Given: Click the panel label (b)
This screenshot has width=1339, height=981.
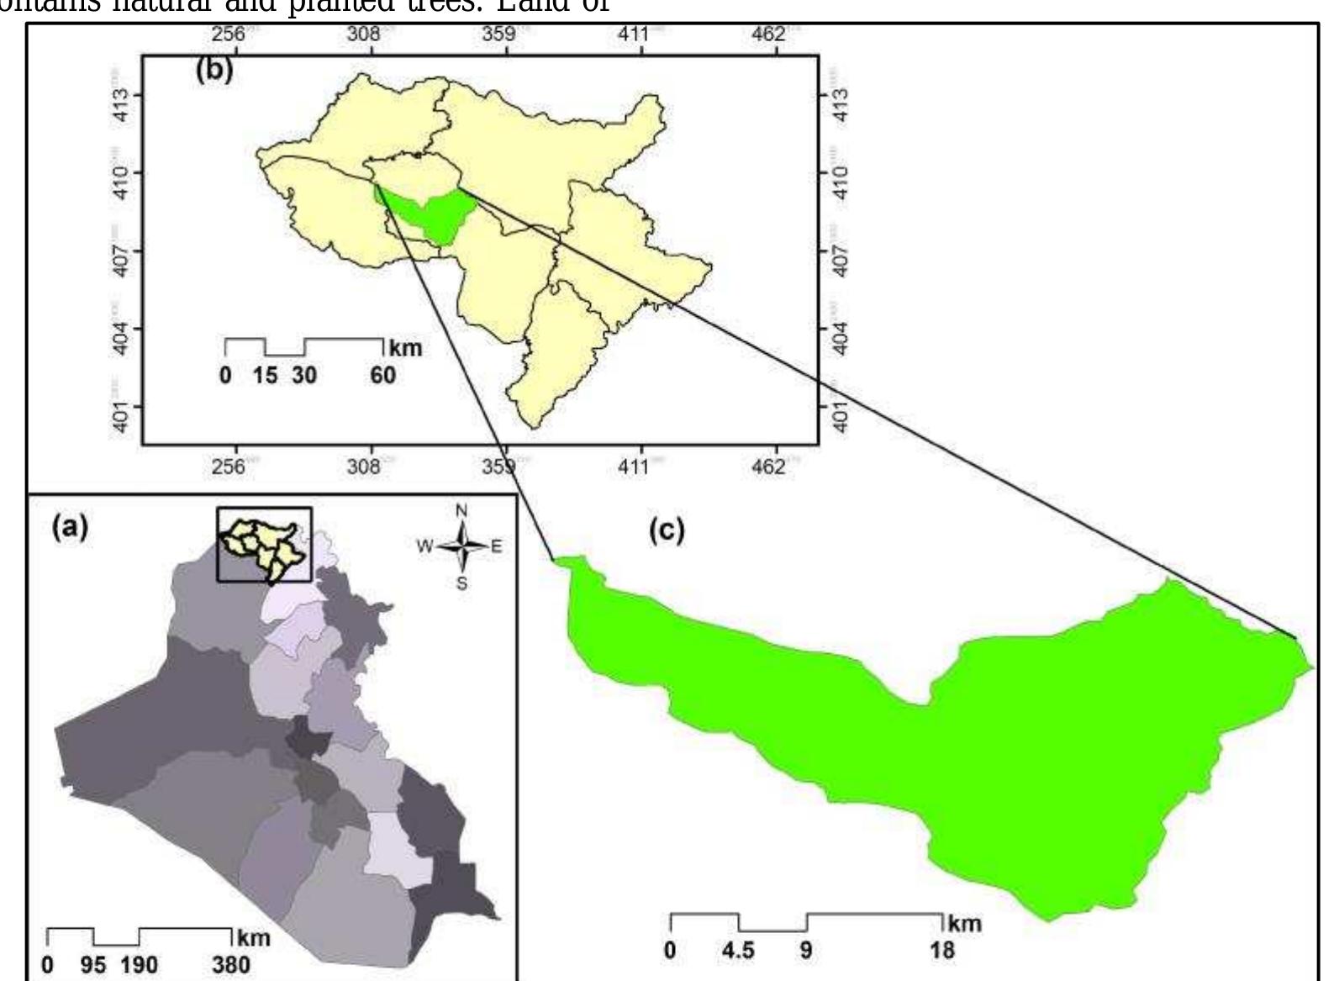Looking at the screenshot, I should [214, 70].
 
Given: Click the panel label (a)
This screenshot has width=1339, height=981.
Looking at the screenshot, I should [70, 528].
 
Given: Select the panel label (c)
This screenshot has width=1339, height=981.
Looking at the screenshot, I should [667, 530].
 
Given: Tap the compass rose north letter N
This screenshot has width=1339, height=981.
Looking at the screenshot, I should [461, 511].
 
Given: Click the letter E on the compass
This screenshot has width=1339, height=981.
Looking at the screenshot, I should [496, 546].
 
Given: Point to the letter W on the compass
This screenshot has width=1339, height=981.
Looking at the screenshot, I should [424, 546].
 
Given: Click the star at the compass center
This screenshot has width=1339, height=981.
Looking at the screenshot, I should [461, 546].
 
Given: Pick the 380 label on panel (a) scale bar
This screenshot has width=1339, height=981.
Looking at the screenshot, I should [230, 963].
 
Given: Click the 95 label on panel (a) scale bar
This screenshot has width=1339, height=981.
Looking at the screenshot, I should [93, 963].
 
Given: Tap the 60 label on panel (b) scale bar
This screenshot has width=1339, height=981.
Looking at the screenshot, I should [382, 374].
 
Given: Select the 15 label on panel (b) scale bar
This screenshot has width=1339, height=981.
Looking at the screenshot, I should [265, 374].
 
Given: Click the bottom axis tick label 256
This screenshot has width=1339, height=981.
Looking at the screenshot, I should [229, 467].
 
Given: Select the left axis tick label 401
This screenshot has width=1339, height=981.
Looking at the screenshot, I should [123, 417].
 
